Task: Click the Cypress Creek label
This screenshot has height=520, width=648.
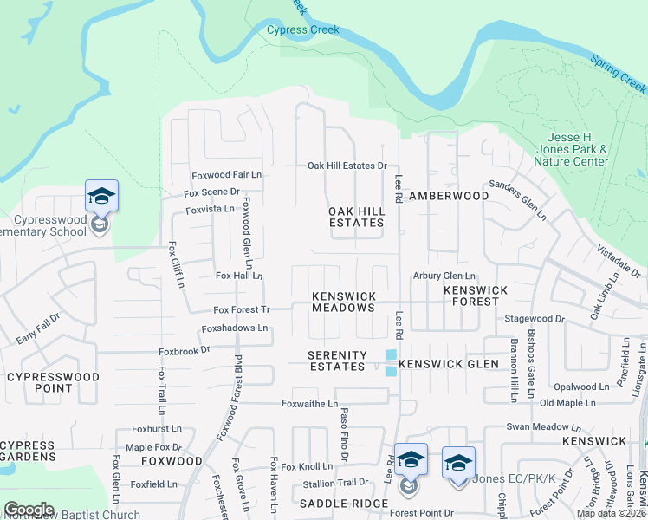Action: [x=302, y=29]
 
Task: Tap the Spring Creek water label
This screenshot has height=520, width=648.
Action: [x=619, y=74]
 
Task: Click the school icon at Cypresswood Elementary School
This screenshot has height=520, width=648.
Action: [x=101, y=197]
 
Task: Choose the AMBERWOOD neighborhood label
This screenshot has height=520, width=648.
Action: [x=449, y=196]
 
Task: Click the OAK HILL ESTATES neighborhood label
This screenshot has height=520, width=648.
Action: [x=356, y=217]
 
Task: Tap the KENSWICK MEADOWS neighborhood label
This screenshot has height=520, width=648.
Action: [x=343, y=302]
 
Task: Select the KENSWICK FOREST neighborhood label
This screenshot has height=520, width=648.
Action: [x=471, y=296]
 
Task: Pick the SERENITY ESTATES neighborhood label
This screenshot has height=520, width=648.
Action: [x=337, y=361]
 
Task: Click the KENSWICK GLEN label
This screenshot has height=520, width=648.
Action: [x=449, y=364]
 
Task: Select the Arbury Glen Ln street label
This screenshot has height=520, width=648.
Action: [x=445, y=276]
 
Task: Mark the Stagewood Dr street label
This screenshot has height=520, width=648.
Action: [x=535, y=319]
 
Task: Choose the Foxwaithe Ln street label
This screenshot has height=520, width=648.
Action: [x=309, y=403]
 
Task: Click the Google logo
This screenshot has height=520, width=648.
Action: [x=29, y=510]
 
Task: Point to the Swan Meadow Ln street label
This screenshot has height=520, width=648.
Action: [x=543, y=427]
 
